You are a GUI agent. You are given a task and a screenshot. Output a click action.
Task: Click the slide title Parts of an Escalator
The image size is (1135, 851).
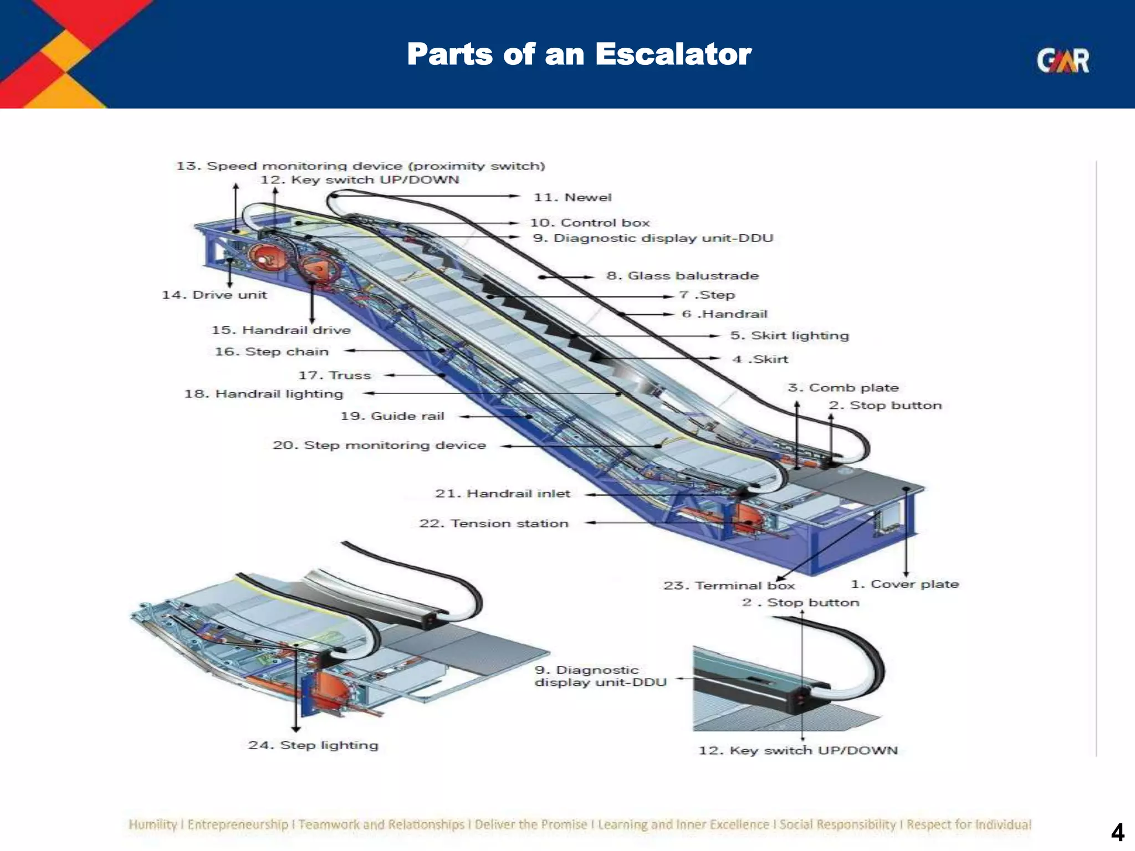[x=579, y=54]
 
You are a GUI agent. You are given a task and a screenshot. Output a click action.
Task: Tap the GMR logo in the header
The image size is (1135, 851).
[x=1062, y=61]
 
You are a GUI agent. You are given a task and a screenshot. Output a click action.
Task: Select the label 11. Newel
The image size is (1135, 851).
[x=572, y=197]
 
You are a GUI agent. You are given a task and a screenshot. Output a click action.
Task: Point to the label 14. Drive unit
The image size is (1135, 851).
[x=214, y=295]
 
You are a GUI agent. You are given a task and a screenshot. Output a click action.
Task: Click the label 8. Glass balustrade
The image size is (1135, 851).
[x=682, y=275]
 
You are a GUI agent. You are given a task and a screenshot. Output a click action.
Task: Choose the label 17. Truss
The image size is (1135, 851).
[x=334, y=375]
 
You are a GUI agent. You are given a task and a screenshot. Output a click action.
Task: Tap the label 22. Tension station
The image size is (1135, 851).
[x=493, y=523]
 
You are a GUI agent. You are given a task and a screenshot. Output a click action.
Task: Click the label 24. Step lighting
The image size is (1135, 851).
[x=313, y=745]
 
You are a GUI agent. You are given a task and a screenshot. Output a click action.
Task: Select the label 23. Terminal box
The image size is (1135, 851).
[x=729, y=585]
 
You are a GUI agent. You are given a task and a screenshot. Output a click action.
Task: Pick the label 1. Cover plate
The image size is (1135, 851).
[x=904, y=584]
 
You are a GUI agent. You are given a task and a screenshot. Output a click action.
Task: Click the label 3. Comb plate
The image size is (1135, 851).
[x=843, y=387]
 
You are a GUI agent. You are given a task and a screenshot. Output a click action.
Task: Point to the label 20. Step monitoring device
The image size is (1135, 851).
[x=379, y=445]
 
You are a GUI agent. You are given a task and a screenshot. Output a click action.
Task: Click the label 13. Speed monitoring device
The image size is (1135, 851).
[x=360, y=166]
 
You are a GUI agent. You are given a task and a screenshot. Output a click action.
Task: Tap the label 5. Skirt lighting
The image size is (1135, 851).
[x=789, y=335]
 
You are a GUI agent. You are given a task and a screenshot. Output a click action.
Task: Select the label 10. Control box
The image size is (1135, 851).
[x=589, y=223]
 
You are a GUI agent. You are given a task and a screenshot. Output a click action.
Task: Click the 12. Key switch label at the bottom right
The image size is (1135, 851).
[x=797, y=750]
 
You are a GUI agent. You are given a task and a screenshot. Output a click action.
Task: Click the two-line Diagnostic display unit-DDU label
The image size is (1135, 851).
[x=600, y=676]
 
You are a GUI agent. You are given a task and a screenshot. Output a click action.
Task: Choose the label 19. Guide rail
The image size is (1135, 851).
[x=392, y=416]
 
